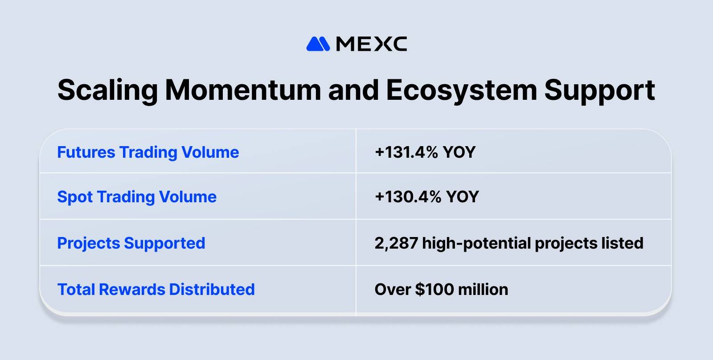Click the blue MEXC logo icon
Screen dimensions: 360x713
click(318, 44)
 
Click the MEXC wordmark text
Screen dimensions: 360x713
click(371, 44)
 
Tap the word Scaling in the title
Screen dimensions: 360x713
click(107, 90)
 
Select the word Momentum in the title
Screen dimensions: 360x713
click(243, 90)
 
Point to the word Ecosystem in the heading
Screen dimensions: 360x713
click(461, 90)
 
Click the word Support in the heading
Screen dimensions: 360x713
click(599, 90)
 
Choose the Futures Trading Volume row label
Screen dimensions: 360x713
click(148, 152)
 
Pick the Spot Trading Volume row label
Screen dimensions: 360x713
click(137, 197)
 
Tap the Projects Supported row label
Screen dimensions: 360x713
click(131, 243)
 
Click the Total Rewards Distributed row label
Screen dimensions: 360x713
click(156, 290)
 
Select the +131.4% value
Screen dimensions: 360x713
click(406, 152)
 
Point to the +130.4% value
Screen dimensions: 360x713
click(408, 197)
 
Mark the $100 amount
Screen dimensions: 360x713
click(434, 290)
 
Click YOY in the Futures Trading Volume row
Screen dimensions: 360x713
click(459, 152)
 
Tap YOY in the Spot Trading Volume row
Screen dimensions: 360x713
click(463, 197)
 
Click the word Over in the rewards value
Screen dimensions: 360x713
click(393, 290)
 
